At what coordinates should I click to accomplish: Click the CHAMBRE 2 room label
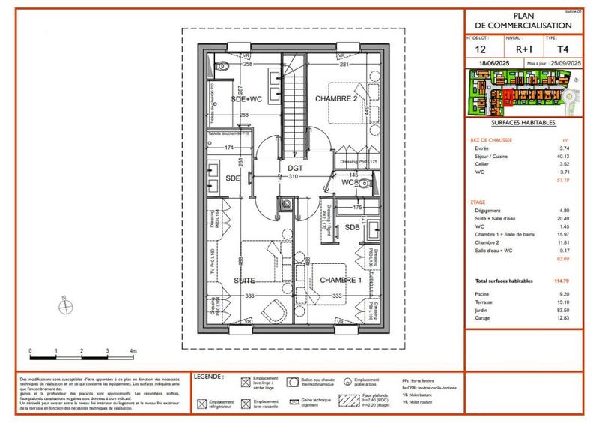334,98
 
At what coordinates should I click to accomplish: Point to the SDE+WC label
246,99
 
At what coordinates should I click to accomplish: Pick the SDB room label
353,227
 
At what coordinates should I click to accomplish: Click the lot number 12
480,49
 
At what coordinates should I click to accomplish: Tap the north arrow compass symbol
67,305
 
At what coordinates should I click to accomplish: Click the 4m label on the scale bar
133,350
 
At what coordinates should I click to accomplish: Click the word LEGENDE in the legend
208,375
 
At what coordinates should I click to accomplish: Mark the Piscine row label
481,295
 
